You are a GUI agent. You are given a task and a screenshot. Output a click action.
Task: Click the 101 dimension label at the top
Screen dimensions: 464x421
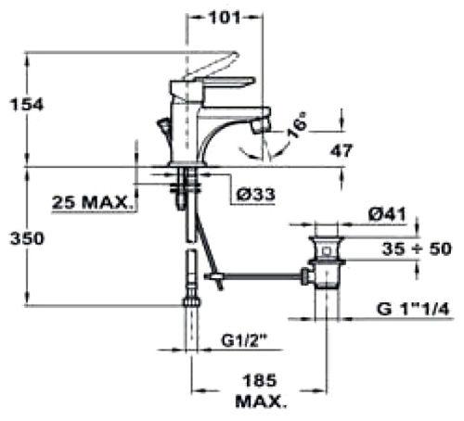(225, 18)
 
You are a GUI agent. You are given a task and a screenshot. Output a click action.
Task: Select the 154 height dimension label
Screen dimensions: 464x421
(27, 104)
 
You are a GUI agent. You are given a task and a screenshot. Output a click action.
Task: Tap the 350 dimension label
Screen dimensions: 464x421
(27, 238)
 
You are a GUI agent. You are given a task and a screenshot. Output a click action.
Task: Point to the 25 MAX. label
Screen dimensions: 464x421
(91, 203)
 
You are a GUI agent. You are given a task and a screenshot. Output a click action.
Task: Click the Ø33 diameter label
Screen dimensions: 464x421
(255, 195)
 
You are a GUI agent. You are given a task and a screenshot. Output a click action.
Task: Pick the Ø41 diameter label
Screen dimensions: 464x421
(387, 214)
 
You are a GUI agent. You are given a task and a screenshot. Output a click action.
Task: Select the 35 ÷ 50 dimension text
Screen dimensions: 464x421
(417, 249)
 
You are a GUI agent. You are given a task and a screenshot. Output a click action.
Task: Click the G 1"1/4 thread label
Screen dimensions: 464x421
(413, 309)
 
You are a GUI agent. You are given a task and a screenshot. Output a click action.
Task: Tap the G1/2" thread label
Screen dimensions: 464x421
(244, 340)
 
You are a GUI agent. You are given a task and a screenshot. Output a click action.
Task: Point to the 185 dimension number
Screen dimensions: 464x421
(259, 380)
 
